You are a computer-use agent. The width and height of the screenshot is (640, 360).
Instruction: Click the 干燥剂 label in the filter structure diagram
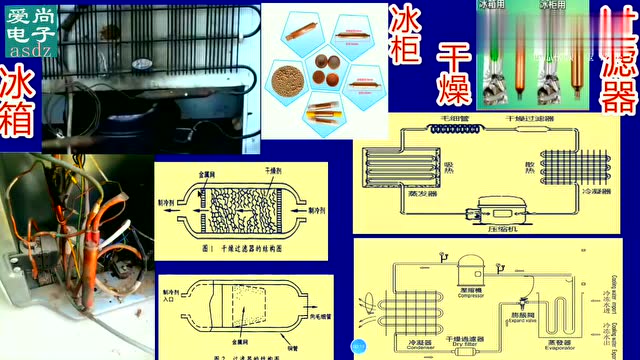(264, 171)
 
